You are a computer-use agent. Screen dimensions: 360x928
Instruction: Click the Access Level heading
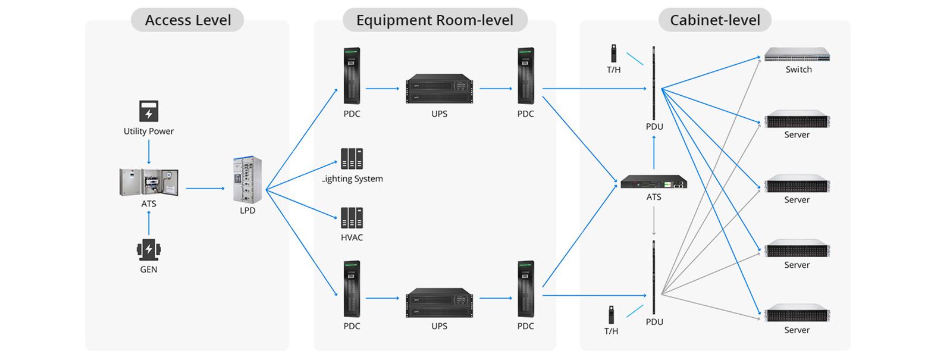point(187,20)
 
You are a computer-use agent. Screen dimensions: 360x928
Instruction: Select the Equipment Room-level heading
point(435,20)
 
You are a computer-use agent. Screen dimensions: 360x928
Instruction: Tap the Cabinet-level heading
point(714,20)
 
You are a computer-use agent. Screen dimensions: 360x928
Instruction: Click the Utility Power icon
point(148,112)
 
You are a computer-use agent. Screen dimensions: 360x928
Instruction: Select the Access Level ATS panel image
point(148,182)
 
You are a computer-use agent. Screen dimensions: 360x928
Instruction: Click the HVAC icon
point(352,218)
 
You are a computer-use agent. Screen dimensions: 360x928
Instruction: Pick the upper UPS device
point(439,88)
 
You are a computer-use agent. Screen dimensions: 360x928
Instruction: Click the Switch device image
point(797,54)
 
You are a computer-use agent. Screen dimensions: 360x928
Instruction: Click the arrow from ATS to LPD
point(205,189)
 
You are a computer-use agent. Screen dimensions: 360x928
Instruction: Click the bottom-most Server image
point(797,314)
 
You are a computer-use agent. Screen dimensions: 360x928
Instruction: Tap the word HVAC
point(352,237)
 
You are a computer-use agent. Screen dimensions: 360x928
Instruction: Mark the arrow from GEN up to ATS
point(149,224)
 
